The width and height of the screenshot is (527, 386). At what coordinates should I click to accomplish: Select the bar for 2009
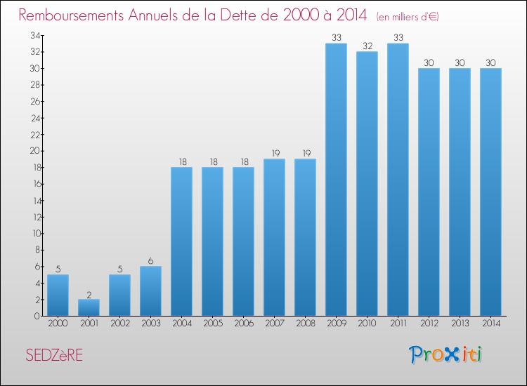click(x=336, y=180)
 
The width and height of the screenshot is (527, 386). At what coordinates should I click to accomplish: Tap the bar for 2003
click(x=150, y=291)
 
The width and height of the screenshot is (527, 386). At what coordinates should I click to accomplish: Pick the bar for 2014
click(x=490, y=192)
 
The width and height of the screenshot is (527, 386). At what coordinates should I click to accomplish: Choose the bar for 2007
click(x=274, y=237)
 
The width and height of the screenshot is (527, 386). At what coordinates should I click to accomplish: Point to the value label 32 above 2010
click(x=367, y=46)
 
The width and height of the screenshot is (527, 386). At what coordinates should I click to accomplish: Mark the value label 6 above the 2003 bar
click(x=150, y=261)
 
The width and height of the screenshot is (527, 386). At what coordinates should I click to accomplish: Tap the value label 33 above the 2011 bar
click(x=398, y=38)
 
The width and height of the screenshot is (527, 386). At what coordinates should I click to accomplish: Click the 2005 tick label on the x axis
click(x=212, y=324)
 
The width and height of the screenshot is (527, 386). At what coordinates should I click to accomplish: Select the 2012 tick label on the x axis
click(x=429, y=324)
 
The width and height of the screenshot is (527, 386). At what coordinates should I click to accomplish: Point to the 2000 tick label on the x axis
click(x=58, y=324)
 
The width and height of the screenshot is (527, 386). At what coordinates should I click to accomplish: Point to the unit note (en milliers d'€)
click(x=408, y=16)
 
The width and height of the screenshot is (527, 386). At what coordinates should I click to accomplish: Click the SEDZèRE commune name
click(x=53, y=355)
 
